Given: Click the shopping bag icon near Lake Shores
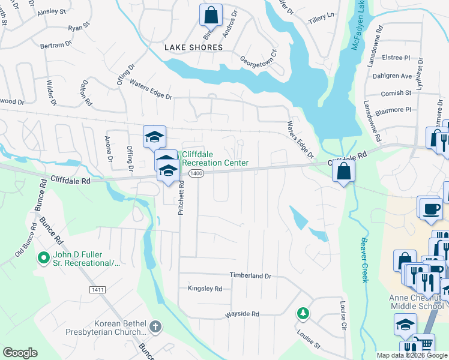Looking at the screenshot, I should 211,14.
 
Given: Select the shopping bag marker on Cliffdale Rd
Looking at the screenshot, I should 343,172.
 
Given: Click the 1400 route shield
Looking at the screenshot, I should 196,173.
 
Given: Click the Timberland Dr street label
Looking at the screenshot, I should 250,275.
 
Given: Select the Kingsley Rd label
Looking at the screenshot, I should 205,289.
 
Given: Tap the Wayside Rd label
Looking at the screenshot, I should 242,314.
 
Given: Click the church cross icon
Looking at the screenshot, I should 155,327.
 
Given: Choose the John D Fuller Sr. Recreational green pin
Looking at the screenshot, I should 43,259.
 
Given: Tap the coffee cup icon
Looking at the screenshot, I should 432,208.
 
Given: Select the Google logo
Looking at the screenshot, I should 20,353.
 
